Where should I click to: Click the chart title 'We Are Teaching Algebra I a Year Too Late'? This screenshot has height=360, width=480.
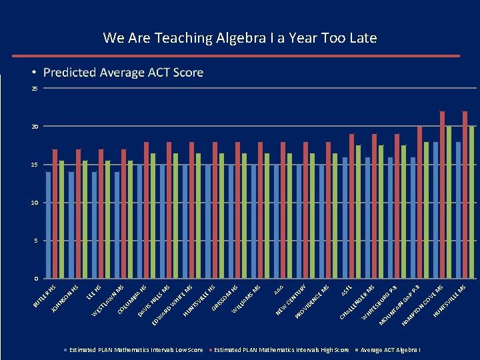pyautogui.click(x=239, y=38)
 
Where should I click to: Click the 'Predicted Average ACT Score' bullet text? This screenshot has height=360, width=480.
pyautogui.click(x=123, y=72)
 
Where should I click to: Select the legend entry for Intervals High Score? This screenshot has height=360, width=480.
pyautogui.click(x=281, y=350)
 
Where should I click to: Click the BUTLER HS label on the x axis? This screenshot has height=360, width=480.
pyautogui.click(x=45, y=297)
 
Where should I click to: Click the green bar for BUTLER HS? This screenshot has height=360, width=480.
pyautogui.click(x=61, y=219)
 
